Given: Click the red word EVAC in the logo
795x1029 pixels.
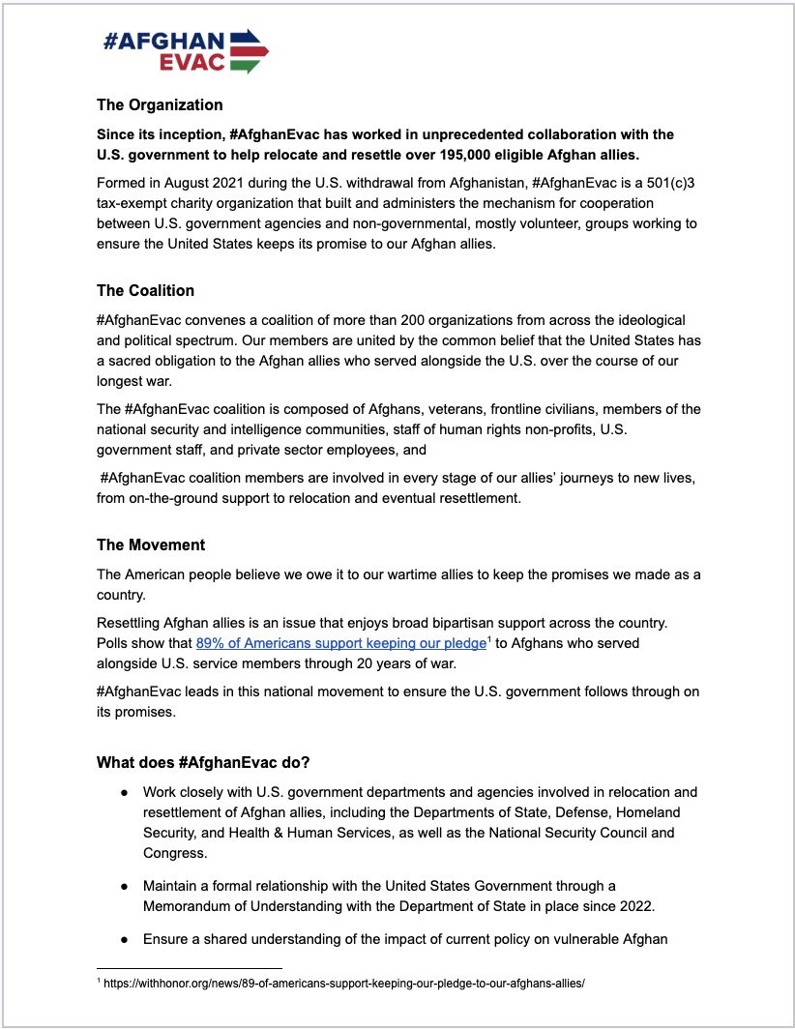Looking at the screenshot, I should pyautogui.click(x=194, y=62).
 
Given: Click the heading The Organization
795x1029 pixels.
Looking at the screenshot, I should pyautogui.click(x=160, y=104).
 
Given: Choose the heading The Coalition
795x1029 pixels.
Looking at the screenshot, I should pyautogui.click(x=145, y=290).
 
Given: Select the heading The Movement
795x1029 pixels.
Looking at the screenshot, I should pyautogui.click(x=151, y=545).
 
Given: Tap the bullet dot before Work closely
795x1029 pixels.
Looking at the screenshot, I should pyautogui.click(x=125, y=792).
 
